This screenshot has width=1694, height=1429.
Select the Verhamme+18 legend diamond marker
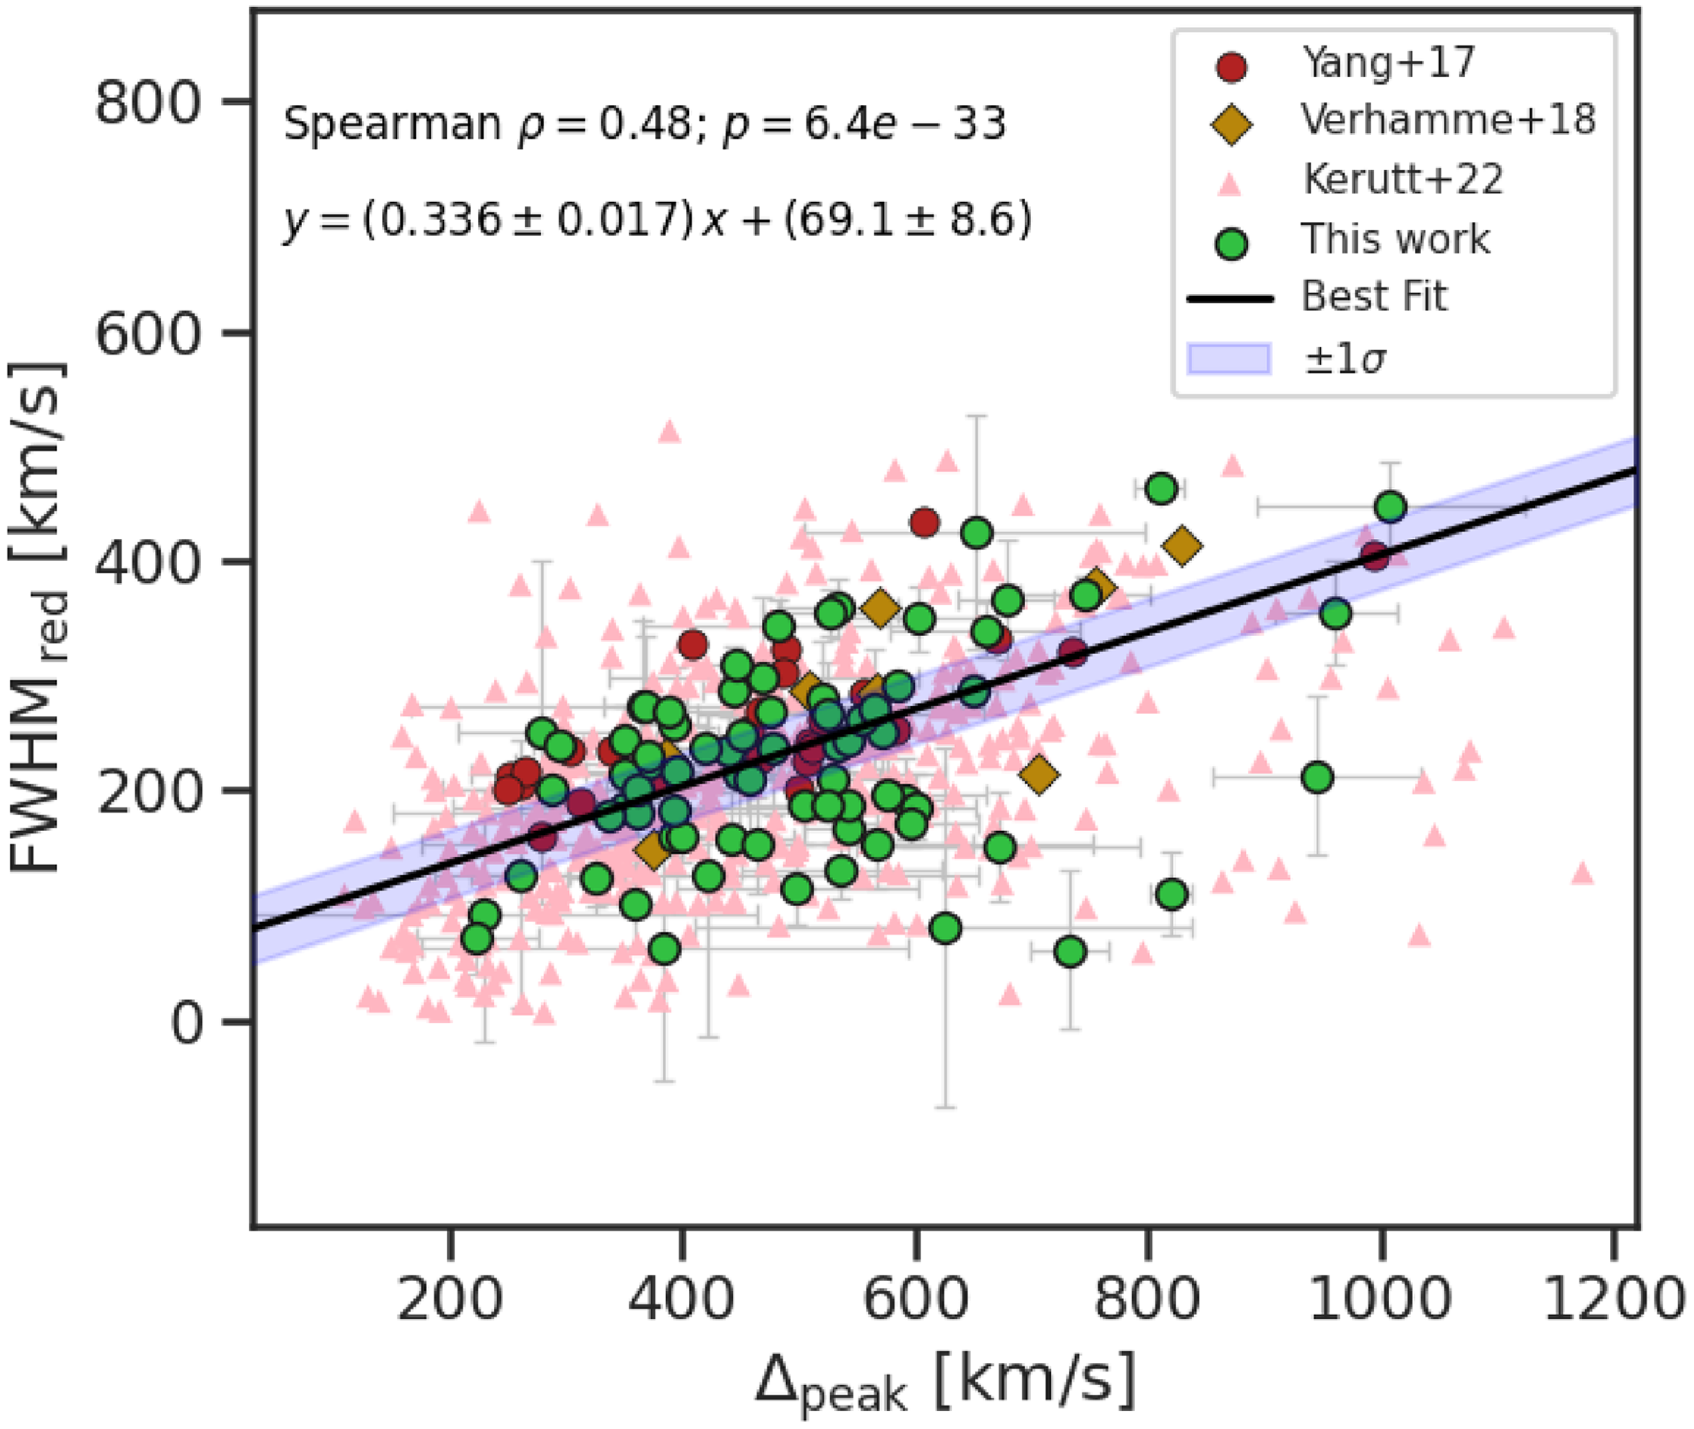(1231, 123)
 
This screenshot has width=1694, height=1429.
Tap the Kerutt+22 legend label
(1402, 179)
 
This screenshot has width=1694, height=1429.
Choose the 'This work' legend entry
(1394, 239)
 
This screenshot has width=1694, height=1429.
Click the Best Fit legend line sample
(1230, 299)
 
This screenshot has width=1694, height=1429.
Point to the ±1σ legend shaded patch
(1228, 359)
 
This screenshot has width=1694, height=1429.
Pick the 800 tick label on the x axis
(1146, 1299)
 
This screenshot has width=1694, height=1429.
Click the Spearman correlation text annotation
(644, 124)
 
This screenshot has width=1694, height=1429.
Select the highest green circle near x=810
(1162, 489)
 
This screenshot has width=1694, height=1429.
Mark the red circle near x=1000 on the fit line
(1375, 557)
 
